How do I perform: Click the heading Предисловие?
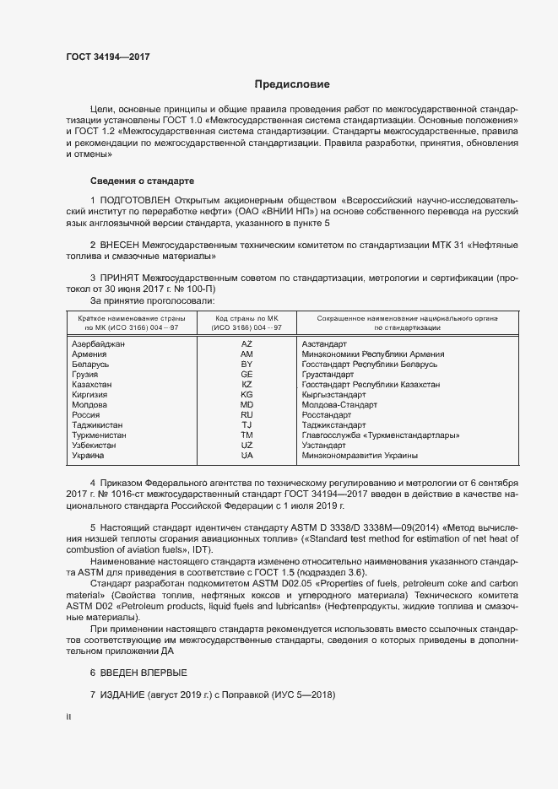[292, 84]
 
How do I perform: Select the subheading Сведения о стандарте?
[142, 181]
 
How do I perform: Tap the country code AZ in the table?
[246, 344]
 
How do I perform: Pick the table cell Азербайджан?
[99, 344]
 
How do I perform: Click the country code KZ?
[246, 384]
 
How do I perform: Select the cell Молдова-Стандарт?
[339, 404]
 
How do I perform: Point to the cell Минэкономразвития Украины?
[360, 455]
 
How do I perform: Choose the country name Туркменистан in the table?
[100, 435]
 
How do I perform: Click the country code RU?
[246, 414]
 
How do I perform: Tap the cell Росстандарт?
[326, 414]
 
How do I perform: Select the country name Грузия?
[85, 374]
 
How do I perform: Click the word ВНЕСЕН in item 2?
[120, 244]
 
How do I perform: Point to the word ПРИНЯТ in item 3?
[119, 277]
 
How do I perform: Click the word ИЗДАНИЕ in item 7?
[122, 694]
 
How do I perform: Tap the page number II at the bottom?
[68, 716]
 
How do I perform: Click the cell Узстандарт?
[324, 445]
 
